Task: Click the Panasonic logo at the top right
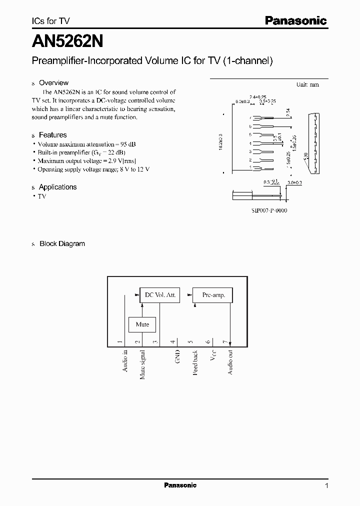[x=295, y=20]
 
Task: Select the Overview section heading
[x=53, y=83]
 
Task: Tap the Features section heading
[x=52, y=135]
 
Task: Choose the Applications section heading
[x=57, y=187]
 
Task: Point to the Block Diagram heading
[x=62, y=244]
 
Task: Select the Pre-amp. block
[x=213, y=295]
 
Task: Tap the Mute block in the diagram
[x=142, y=324]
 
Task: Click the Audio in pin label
[x=125, y=360]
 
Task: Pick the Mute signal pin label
[x=142, y=364]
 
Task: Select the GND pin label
[x=177, y=356]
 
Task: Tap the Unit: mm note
[x=307, y=84]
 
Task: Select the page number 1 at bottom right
[x=326, y=485]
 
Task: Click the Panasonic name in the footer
[x=180, y=485]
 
